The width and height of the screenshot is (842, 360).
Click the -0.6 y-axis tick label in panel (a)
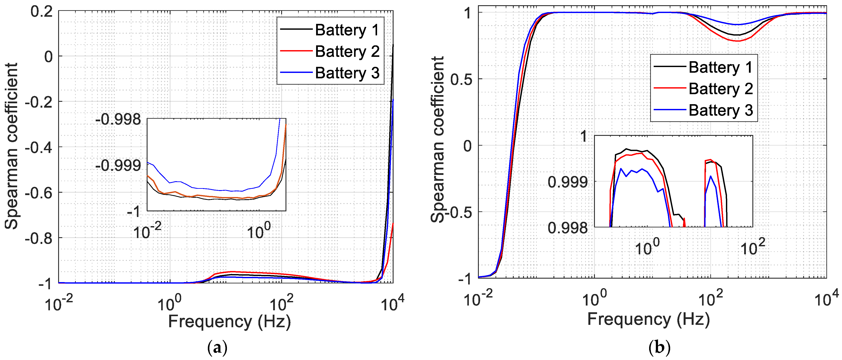point(39,193)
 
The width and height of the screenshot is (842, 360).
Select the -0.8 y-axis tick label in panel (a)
point(39,238)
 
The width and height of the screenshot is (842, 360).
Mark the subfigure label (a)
point(217,348)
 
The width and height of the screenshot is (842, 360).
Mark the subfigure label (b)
point(659,348)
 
